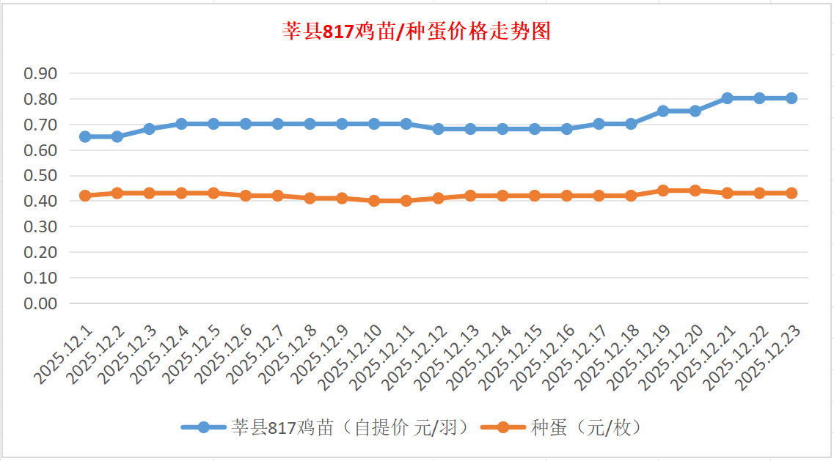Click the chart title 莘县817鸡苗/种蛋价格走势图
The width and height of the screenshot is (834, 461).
[x=417, y=32]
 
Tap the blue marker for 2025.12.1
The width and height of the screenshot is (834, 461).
[x=85, y=136]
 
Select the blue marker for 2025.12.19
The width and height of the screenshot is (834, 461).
[x=663, y=111]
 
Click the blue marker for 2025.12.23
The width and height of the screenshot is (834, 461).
[x=791, y=98]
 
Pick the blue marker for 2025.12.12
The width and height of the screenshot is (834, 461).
[x=438, y=129]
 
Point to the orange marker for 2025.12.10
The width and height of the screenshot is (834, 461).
[x=374, y=200]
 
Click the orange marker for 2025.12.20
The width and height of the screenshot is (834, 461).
[x=695, y=191]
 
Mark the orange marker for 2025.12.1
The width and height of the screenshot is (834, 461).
[x=85, y=196]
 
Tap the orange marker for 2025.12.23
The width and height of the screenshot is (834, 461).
[x=791, y=193]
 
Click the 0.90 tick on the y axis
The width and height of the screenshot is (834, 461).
[x=40, y=73]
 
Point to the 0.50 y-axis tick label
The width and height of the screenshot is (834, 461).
[x=40, y=175]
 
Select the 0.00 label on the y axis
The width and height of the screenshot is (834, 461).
[x=40, y=303]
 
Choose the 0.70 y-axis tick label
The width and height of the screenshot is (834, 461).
[x=40, y=125]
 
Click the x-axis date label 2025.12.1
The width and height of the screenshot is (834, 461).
[x=65, y=354]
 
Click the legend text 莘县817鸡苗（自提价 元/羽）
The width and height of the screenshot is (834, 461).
[x=351, y=427]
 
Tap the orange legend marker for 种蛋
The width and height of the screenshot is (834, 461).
[x=502, y=427]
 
